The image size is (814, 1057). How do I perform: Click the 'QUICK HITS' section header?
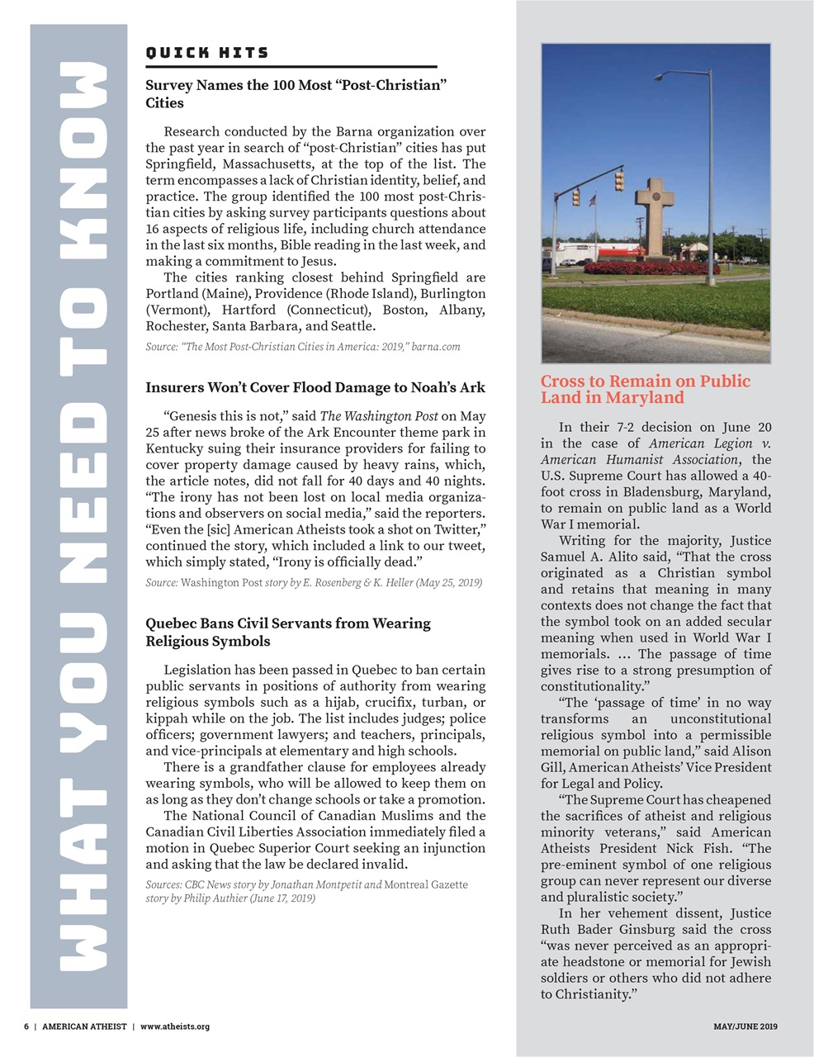[207, 53]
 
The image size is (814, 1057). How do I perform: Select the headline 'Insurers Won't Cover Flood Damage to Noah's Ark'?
[315, 387]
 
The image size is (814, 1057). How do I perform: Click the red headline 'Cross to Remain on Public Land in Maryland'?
[645, 389]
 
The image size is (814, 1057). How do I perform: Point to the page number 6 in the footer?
[26, 1026]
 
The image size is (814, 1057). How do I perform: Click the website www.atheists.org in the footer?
[174, 1026]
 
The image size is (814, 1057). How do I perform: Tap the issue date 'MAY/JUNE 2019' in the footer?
[745, 1026]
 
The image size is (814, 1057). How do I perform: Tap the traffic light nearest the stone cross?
[619, 181]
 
